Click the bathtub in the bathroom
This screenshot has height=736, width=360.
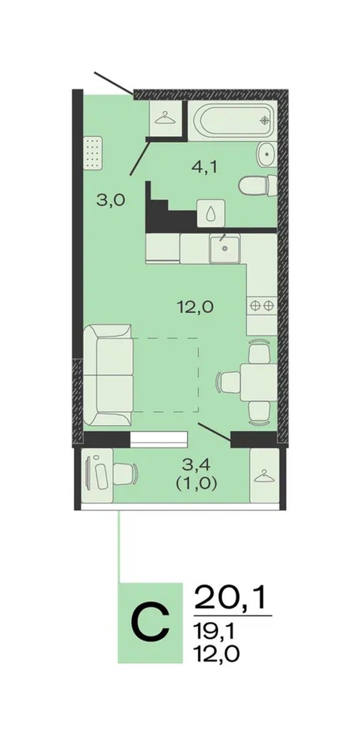[233, 120]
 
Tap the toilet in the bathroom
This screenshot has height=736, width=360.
[258, 186]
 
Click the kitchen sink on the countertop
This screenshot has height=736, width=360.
[224, 248]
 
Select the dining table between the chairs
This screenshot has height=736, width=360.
[259, 381]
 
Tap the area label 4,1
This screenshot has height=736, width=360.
[205, 167]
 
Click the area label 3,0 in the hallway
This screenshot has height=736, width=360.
[111, 199]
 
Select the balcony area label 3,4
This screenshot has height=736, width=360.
[196, 465]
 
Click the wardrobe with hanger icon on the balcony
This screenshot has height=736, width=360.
[264, 475]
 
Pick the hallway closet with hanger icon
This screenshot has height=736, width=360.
[166, 118]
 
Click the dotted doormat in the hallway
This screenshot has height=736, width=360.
[93, 152]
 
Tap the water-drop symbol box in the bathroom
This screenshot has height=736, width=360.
[211, 213]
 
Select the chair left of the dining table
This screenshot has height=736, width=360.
[229, 382]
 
